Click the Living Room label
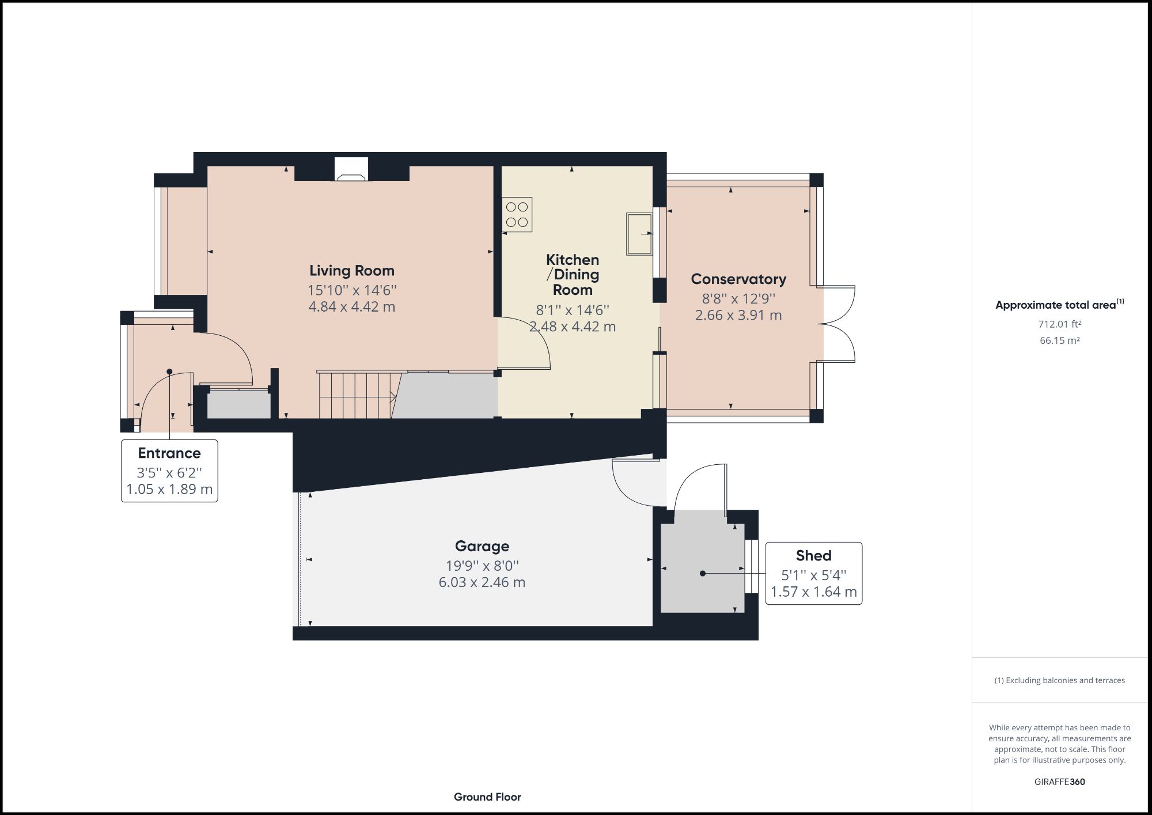click(351, 271)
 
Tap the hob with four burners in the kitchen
click(517, 214)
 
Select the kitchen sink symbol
click(639, 233)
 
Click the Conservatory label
click(738, 279)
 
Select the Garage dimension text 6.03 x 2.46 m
click(482, 582)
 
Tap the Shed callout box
click(813, 573)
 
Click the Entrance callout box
click(169, 471)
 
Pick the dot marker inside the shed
click(702, 574)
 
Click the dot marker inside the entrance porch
click(169, 372)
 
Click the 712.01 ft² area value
click(1059, 324)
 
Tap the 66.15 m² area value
click(1059, 340)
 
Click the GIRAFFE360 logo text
click(1059, 782)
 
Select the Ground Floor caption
click(487, 797)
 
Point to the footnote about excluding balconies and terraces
click(1059, 680)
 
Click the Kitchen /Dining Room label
click(573, 275)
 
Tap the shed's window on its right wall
click(751, 566)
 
